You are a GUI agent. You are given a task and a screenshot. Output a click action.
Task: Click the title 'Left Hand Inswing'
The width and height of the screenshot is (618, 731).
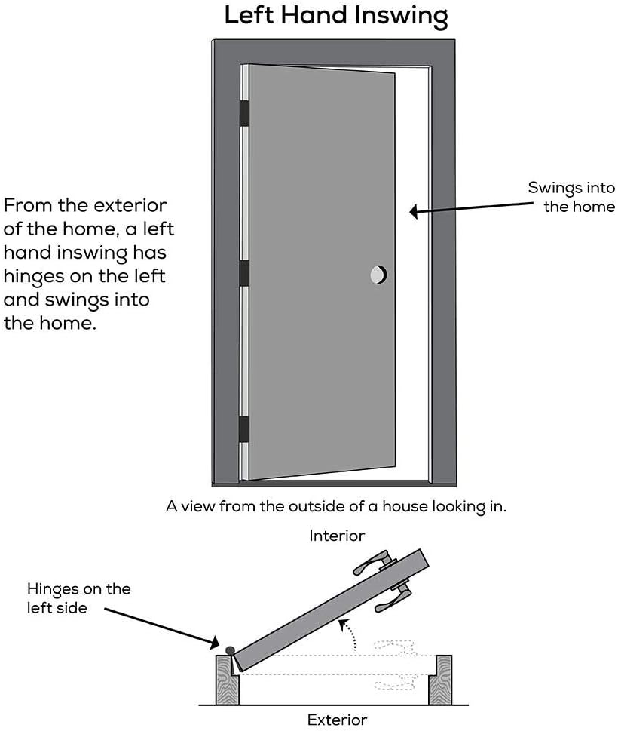pos(336,15)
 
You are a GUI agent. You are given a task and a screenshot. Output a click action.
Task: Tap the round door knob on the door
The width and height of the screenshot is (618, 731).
pos(378,275)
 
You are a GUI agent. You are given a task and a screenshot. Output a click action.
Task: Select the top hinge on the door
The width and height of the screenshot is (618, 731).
pos(243,112)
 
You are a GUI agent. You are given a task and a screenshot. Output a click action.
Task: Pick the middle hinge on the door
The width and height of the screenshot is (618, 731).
pos(243,274)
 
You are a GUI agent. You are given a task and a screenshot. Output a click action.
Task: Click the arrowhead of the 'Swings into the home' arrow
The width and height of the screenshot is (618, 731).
pos(414,213)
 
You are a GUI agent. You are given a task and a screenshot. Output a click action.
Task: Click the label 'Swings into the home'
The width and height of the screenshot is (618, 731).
pos(571,197)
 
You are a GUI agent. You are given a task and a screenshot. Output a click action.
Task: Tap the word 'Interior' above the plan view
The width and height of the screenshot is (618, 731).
pos(337,536)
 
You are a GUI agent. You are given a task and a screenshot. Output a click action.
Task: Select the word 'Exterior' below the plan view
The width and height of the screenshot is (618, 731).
pos(337,720)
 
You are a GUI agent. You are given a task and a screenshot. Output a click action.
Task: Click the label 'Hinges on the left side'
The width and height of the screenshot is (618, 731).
pos(78,597)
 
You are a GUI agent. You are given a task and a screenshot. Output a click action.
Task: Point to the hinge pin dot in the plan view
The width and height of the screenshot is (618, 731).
pos(229,650)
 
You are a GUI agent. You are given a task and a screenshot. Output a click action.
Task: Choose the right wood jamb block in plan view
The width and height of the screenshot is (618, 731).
pos(440,679)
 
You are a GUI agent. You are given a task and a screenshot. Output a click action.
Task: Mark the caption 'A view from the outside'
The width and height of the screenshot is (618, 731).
pos(336,506)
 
